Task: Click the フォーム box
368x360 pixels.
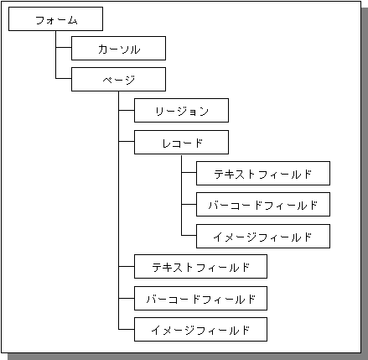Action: [55, 19]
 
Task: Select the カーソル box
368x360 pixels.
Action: [118, 48]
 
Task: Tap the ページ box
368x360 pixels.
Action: [118, 79]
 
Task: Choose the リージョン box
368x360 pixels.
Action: [181, 110]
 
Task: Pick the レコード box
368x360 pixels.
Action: [181, 142]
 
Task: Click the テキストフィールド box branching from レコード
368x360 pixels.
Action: [263, 173]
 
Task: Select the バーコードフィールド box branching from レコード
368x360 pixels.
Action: [263, 204]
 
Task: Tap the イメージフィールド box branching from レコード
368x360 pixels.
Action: [263, 236]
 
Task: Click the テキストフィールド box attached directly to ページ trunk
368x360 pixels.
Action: [200, 266]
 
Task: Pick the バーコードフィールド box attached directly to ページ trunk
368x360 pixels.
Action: [200, 298]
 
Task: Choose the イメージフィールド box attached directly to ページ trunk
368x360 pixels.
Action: [200, 329]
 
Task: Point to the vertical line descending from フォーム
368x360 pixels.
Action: [55, 55]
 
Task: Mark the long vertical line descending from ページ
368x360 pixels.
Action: [118, 210]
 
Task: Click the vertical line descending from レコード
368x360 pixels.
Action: [181, 196]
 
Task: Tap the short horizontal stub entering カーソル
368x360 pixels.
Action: [64, 47]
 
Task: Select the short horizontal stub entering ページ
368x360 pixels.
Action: [64, 78]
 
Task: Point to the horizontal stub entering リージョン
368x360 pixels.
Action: [127, 110]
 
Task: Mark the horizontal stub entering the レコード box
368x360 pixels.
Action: [127, 141]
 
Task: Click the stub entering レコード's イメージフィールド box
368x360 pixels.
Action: [189, 235]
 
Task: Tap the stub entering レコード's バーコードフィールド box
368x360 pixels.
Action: [189, 204]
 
